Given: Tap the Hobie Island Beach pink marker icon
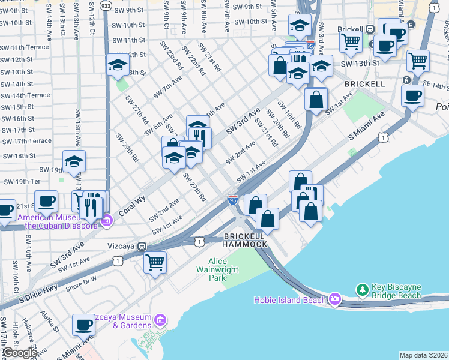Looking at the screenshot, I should (334, 299).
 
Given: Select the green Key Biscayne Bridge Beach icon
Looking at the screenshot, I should (363, 290).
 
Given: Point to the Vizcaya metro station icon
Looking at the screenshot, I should (142, 246).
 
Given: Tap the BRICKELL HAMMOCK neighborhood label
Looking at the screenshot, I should (244, 240).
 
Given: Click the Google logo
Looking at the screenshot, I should (19, 353).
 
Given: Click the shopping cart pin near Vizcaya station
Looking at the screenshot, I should (155, 262).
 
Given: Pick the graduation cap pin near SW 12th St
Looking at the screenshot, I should (118, 65).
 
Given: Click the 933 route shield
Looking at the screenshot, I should (106, 4).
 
